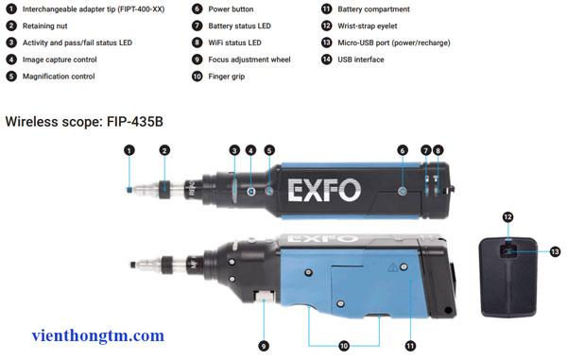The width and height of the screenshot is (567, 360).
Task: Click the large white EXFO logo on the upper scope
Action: tap(324, 188)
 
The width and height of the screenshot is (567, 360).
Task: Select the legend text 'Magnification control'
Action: tap(64, 77)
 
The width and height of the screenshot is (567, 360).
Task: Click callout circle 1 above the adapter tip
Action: tap(129, 149)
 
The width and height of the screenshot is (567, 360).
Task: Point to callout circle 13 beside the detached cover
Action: tap(554, 251)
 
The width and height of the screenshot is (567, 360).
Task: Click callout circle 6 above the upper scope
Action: tap(402, 149)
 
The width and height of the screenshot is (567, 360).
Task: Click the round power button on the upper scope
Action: tap(402, 190)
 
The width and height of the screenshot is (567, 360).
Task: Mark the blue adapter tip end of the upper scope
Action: tap(129, 188)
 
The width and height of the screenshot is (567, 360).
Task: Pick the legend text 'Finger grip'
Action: tap(226, 77)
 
